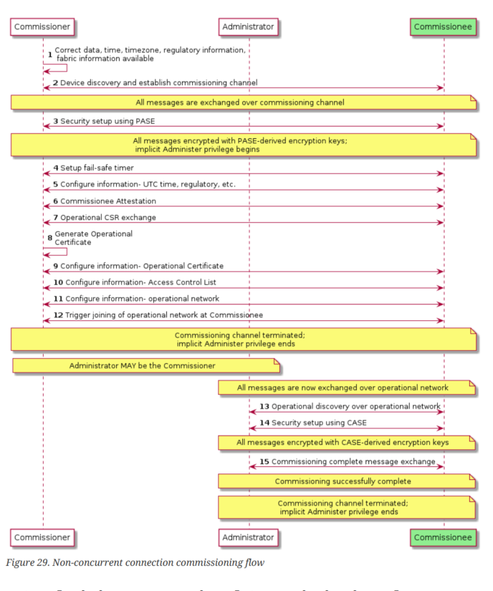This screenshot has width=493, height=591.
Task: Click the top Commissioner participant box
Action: [x=42, y=27]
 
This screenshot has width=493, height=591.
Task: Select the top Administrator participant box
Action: [x=248, y=27]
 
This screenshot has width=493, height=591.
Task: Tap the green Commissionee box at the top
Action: [x=444, y=27]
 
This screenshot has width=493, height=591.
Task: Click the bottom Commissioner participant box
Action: [x=42, y=537]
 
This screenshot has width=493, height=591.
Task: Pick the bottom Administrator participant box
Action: [x=248, y=537]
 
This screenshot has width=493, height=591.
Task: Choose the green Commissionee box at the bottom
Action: [x=444, y=537]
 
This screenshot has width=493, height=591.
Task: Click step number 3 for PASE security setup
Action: [x=56, y=121]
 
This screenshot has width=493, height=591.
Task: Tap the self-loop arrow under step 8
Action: [x=56, y=251]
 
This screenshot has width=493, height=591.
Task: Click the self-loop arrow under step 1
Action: [x=56, y=69]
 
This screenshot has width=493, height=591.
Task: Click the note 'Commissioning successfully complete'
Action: [x=348, y=481]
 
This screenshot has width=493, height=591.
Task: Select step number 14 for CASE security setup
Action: [x=264, y=423]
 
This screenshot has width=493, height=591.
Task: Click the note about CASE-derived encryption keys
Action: [x=348, y=443]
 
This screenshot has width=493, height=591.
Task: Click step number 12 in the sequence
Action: [x=58, y=315]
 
